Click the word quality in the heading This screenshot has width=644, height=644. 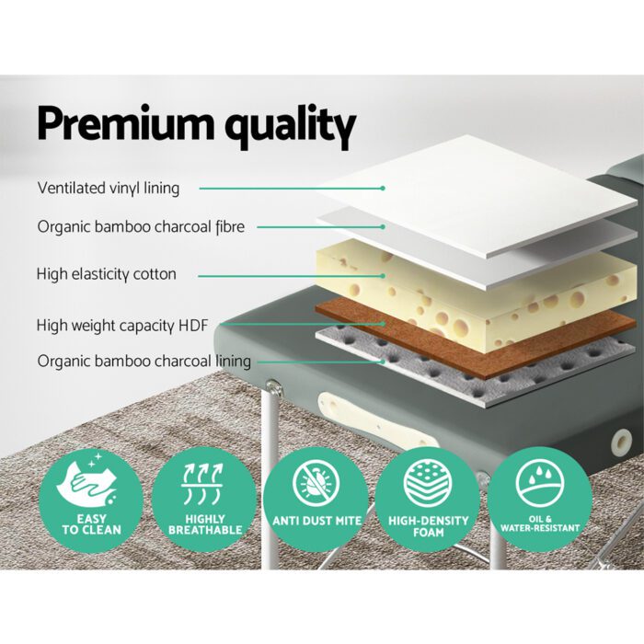pyautogui.click(x=286, y=126)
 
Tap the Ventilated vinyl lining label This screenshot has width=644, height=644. pyautogui.click(x=109, y=188)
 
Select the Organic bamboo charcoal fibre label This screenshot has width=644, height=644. pyautogui.click(x=141, y=226)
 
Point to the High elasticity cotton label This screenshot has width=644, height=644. pyautogui.click(x=106, y=274)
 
